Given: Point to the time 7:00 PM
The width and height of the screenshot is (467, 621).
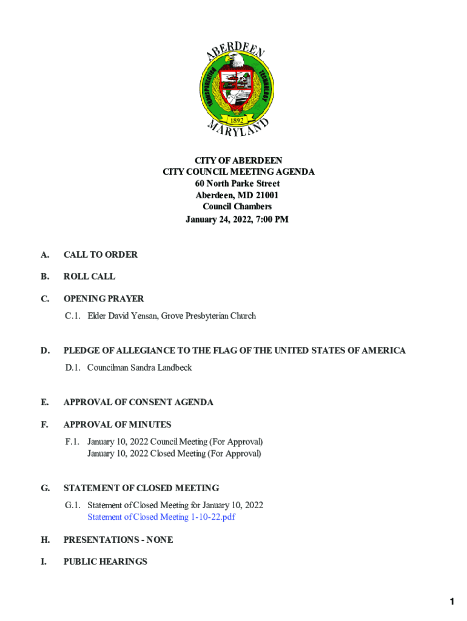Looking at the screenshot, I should [269, 219].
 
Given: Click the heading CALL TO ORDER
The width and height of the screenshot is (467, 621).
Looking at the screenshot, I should [100, 255].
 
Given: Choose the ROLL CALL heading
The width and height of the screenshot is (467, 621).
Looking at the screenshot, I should [89, 277].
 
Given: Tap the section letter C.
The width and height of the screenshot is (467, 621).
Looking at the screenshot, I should [45, 299].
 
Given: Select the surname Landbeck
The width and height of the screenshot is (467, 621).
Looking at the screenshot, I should [170, 368].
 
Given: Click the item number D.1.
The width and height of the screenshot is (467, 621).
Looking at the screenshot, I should [73, 368].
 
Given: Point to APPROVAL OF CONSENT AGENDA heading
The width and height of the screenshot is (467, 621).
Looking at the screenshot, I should [138, 402].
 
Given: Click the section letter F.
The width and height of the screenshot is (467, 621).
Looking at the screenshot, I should [45, 425].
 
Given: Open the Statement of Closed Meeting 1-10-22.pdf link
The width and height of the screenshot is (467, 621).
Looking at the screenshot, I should [161, 517].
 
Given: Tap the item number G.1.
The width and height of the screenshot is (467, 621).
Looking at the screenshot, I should [73, 505].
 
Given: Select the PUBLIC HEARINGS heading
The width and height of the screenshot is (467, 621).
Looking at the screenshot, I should [105, 562].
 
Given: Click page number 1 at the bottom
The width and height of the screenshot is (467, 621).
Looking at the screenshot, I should [452, 602].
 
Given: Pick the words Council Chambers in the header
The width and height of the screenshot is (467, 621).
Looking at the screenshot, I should [237, 207].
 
